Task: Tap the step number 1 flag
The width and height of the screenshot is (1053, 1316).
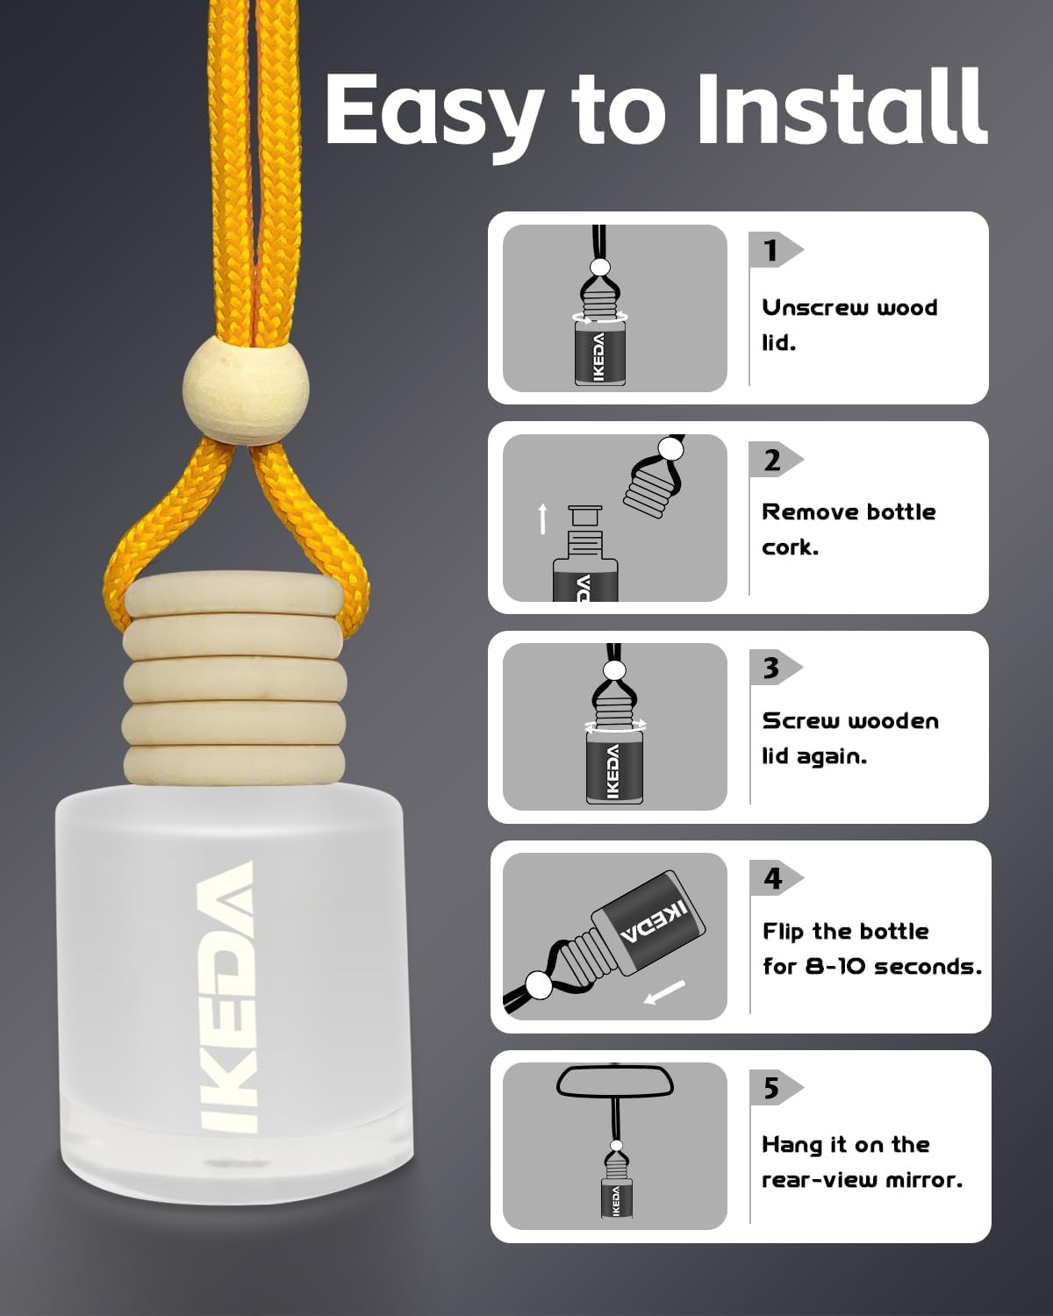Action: [775, 249]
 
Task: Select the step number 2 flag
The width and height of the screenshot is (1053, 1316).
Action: [775, 459]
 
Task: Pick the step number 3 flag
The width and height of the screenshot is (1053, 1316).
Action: [775, 668]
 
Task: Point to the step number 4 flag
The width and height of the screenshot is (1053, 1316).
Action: [775, 878]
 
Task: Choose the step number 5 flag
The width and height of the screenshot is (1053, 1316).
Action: [775, 1088]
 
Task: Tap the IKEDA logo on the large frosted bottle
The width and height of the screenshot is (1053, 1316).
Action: [226, 997]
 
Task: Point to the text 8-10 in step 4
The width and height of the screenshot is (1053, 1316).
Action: [835, 966]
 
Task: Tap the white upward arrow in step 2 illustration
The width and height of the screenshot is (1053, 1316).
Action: [542, 519]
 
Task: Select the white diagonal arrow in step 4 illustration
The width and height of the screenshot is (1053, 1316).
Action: [665, 992]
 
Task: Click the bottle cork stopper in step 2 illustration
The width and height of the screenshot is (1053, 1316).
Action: [585, 518]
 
